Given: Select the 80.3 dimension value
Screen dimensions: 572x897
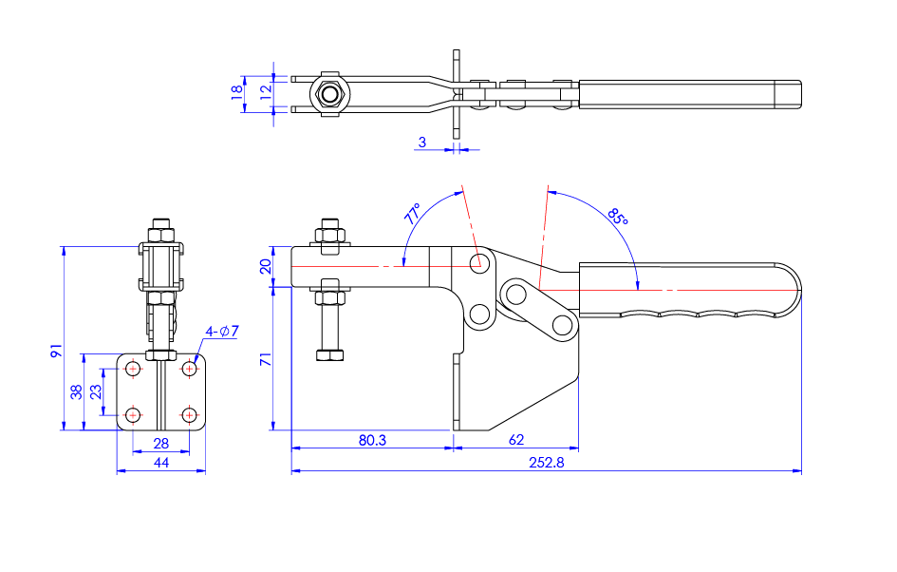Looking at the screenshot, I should (371, 440).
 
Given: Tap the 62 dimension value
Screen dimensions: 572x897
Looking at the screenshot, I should (515, 440).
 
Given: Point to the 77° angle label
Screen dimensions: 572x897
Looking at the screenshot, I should (413, 213).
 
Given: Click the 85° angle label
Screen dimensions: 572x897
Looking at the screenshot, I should (618, 217).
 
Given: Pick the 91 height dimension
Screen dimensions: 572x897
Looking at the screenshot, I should (56, 351).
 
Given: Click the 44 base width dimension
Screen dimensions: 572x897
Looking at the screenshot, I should (160, 462).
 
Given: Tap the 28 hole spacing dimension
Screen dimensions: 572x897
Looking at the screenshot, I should (160, 443).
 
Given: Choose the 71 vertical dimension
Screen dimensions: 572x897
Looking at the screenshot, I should (266, 359).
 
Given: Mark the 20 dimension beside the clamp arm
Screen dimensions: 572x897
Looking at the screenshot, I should (266, 265).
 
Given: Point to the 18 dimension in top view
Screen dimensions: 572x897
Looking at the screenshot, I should (237, 92).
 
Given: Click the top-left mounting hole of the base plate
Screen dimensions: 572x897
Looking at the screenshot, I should (134, 368).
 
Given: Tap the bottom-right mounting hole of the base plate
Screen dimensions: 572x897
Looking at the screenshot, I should (190, 414).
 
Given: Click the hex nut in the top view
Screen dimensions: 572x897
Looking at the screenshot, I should (329, 93).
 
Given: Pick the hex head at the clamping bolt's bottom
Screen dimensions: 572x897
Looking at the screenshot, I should (329, 355).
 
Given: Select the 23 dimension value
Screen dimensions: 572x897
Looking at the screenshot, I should (96, 391).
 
